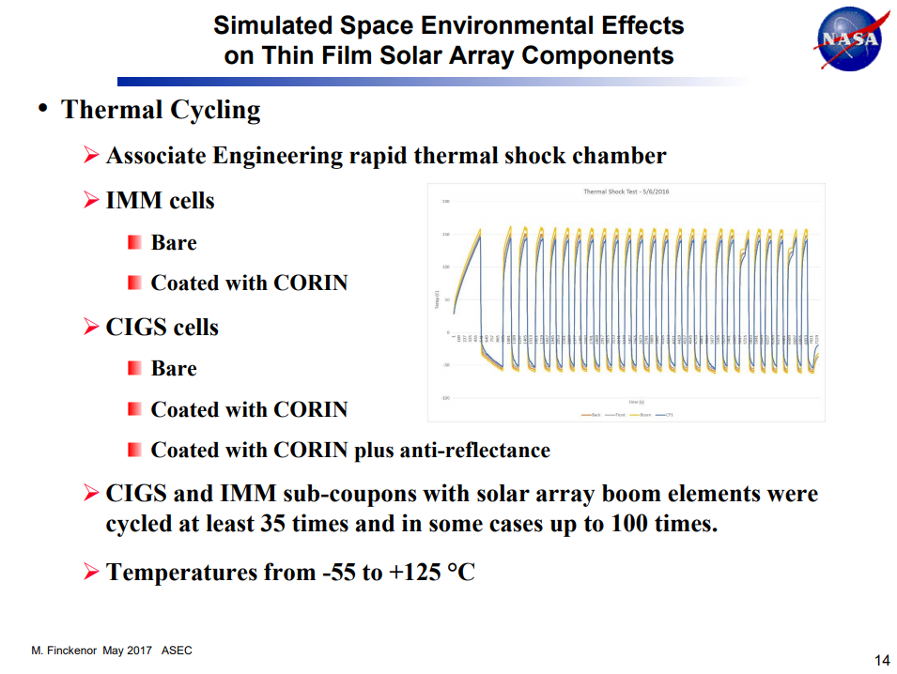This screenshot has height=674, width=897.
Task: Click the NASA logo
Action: point(851,39)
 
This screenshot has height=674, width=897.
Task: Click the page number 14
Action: point(882,660)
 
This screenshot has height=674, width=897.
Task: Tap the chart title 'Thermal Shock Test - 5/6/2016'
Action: point(626,191)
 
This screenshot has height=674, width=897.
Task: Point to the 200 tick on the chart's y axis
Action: point(446,201)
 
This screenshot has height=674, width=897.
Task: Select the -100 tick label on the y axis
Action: point(445,398)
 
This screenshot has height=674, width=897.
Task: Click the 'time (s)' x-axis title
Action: point(635,402)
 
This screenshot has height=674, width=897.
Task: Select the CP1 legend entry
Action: point(667,414)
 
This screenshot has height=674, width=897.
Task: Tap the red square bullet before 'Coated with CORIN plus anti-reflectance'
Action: point(134,451)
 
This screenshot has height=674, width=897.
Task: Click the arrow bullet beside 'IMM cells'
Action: point(91,200)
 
